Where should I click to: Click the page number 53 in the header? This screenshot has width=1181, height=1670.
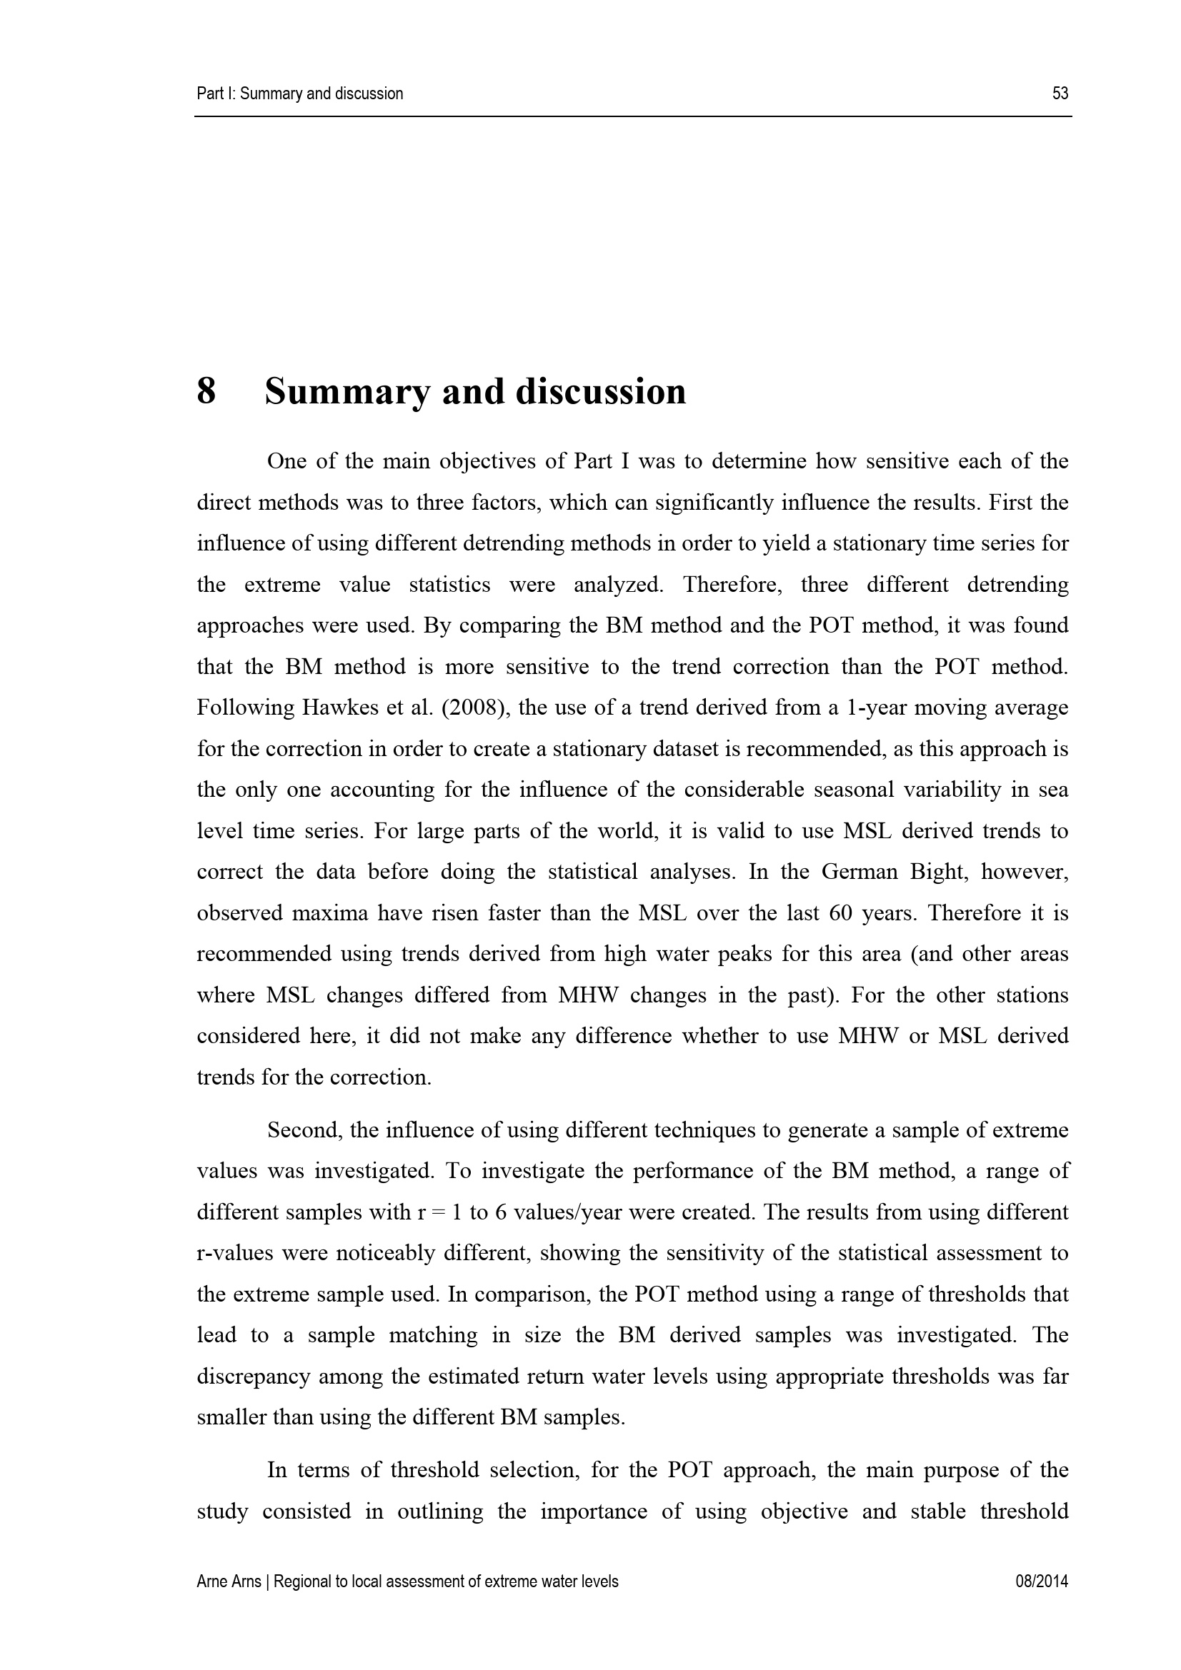click(x=1060, y=94)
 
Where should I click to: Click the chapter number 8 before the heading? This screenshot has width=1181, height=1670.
click(x=206, y=391)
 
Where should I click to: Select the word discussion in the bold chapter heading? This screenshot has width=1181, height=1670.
click(x=600, y=391)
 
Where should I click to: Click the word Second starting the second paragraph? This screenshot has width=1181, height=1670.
click(x=304, y=1130)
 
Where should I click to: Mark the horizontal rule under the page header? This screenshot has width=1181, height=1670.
click(x=633, y=116)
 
